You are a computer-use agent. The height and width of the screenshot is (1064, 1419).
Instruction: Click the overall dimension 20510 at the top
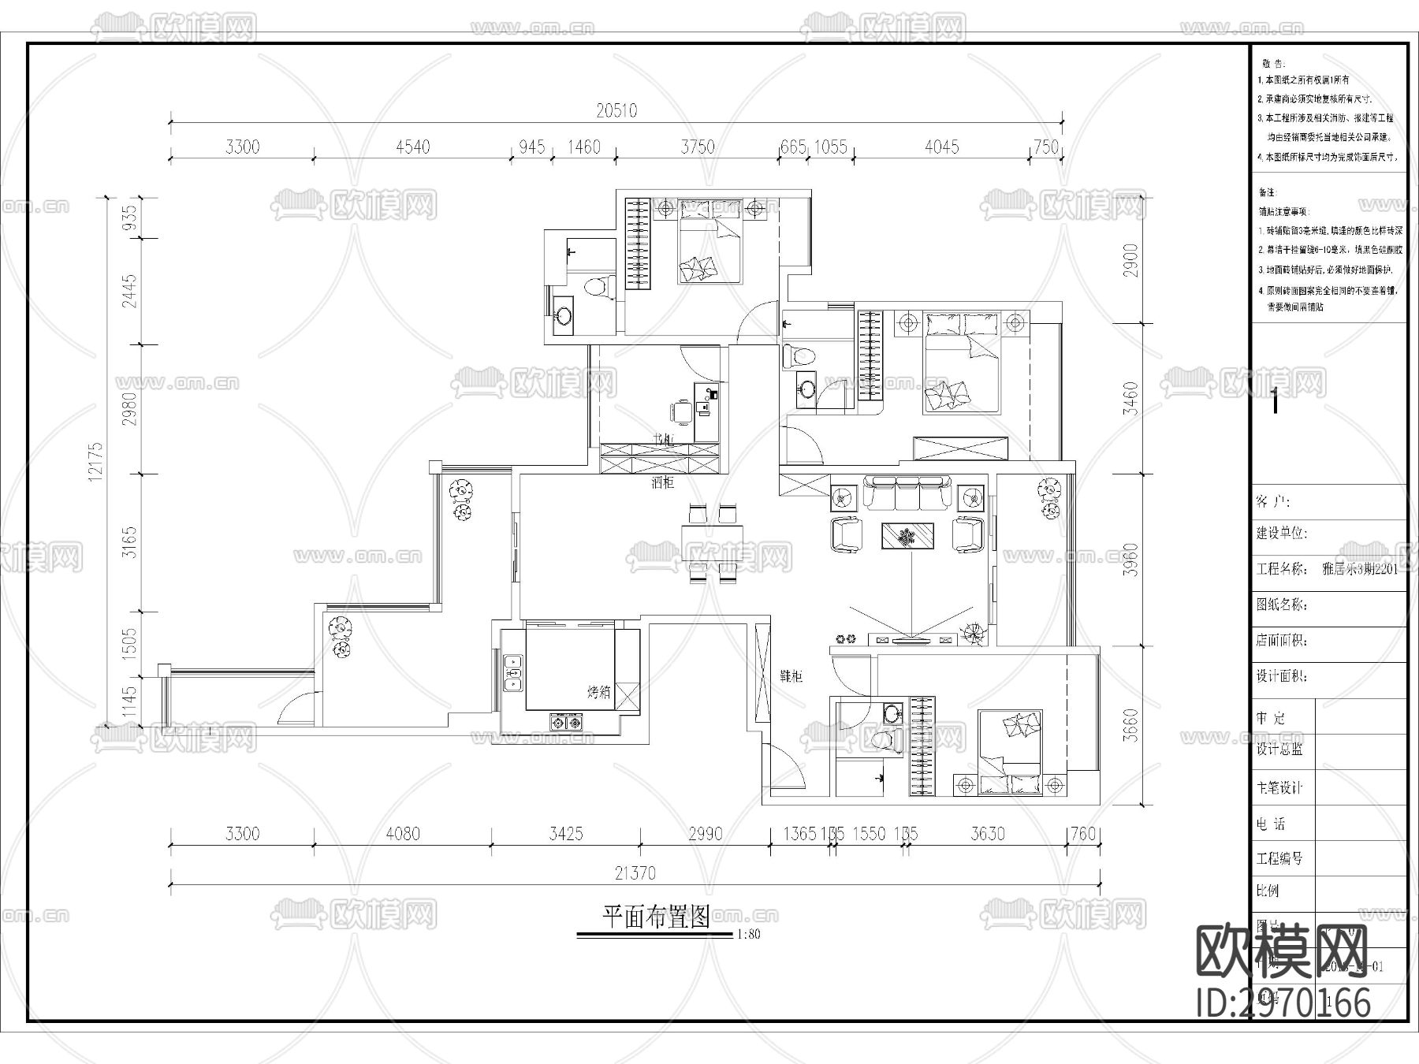tap(616, 111)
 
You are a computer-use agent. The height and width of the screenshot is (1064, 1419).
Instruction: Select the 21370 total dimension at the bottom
tap(635, 873)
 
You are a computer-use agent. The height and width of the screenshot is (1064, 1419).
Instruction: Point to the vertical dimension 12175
tap(95, 461)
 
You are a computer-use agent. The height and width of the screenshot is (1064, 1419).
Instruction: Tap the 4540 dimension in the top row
tap(412, 147)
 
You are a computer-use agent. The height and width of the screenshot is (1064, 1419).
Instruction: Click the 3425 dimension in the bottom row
tap(565, 834)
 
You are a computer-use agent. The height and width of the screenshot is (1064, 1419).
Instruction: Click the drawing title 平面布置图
tap(656, 917)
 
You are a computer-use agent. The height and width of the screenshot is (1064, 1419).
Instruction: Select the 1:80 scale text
tap(748, 936)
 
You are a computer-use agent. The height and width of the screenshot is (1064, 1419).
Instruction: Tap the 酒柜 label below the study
tap(662, 482)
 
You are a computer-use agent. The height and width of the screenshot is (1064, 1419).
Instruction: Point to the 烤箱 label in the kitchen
tap(598, 693)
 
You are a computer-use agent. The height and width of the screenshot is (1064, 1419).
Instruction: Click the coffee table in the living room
tap(907, 536)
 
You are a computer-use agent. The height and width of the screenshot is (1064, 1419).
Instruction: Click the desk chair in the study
tap(680, 411)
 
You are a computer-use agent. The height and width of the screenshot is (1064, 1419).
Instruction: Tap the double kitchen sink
tap(513, 673)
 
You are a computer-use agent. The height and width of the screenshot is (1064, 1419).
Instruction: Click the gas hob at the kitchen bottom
tap(565, 721)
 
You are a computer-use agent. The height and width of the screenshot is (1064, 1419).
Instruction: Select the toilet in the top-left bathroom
tap(599, 286)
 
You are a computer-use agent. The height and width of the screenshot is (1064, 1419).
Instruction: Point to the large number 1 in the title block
tap(1275, 402)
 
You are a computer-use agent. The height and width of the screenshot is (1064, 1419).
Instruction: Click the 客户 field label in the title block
tap(1272, 502)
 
